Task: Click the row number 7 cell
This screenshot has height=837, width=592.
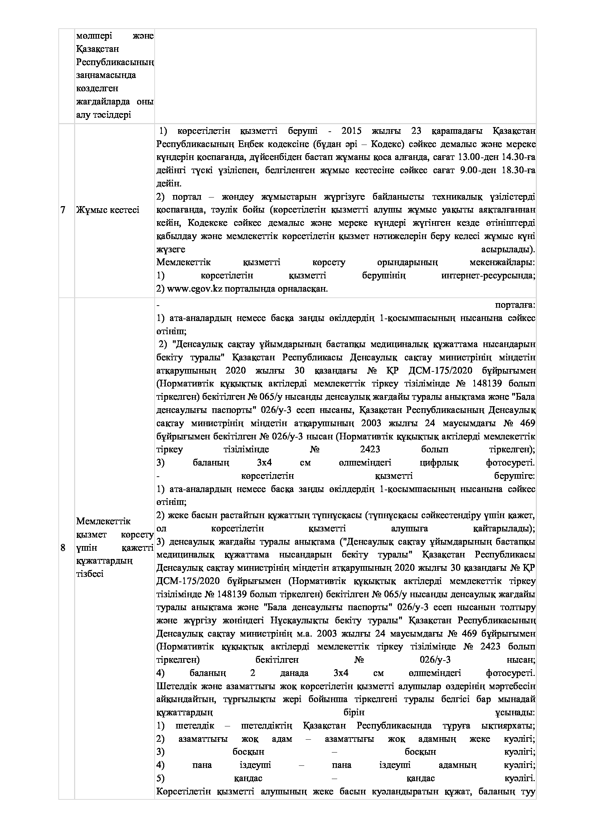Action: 63,210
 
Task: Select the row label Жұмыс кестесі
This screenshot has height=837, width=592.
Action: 107,210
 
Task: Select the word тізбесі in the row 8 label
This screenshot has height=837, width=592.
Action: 90,573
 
